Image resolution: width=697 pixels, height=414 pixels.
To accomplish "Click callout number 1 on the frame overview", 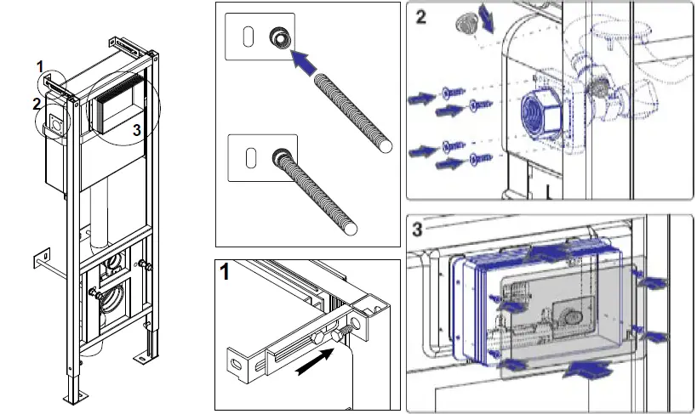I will point(39,65).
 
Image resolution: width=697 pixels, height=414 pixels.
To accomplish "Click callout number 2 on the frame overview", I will point(36,104).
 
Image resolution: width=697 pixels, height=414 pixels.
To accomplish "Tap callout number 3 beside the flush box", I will point(136,129).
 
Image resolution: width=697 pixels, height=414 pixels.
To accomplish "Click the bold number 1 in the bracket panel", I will point(226,274).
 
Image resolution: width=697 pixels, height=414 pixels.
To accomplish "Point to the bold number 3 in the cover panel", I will point(418,229).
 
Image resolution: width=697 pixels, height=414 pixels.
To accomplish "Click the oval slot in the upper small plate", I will point(249,37).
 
